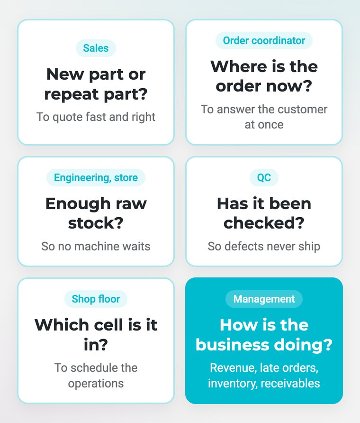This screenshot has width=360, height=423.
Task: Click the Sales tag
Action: pos(96,48)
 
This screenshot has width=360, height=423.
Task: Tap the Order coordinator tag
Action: pos(264,40)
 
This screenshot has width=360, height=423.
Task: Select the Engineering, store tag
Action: pos(96,177)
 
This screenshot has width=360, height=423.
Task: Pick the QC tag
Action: pos(264,177)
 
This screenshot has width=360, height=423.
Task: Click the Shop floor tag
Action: pos(96,299)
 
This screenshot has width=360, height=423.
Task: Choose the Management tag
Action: pos(264,299)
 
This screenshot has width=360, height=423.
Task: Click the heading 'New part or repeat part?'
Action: pos(96,84)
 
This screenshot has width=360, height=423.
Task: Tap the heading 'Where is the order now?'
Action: pos(264,76)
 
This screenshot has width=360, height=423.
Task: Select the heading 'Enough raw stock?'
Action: pos(96,213)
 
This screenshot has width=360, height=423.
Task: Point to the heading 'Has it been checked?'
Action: pos(264,213)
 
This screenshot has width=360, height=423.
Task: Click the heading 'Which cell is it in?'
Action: pos(96,334)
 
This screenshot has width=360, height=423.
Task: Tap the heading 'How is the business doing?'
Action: pos(264,334)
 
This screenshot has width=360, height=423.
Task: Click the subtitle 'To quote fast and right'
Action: pos(96,117)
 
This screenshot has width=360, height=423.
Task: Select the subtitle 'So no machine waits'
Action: pos(96,246)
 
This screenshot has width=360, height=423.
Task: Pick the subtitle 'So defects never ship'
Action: pos(264,246)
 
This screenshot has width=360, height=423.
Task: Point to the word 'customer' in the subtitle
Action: pos(302,110)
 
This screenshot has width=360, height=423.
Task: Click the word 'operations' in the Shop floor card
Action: pos(96,384)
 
